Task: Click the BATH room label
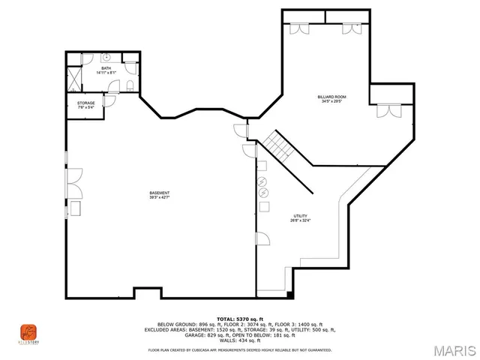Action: click(x=106, y=68)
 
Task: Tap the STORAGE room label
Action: click(x=85, y=103)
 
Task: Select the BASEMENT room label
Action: click(x=159, y=193)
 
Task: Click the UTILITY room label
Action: click(x=300, y=216)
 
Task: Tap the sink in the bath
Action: click(x=106, y=57)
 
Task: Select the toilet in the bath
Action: click(x=130, y=85)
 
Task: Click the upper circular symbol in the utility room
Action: click(x=262, y=182)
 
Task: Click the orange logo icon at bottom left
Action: click(x=28, y=331)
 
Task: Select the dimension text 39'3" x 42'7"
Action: click(x=159, y=198)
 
